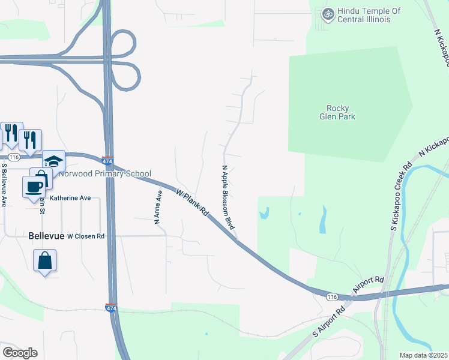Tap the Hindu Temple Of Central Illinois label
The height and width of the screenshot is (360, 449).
pos(364,15)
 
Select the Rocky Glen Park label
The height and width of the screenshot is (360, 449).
pos(337,112)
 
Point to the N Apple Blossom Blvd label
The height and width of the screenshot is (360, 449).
pos(228,197)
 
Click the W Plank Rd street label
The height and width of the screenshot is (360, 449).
pos(192,204)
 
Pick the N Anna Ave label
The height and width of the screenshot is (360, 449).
pos(158,207)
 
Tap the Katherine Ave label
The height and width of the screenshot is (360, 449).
pos(70,197)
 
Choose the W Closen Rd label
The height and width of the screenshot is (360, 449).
pos(86,236)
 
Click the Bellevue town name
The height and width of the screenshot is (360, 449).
pos(46,236)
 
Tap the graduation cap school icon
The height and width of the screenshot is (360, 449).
pos(53,161)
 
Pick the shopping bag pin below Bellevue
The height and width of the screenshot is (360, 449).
pos(44,261)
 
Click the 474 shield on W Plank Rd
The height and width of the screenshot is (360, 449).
pos(107,161)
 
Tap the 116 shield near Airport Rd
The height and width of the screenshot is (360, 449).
pos(331,296)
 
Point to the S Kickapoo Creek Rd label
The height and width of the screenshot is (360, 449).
pos(402,196)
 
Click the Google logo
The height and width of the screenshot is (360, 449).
pos(20,353)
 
